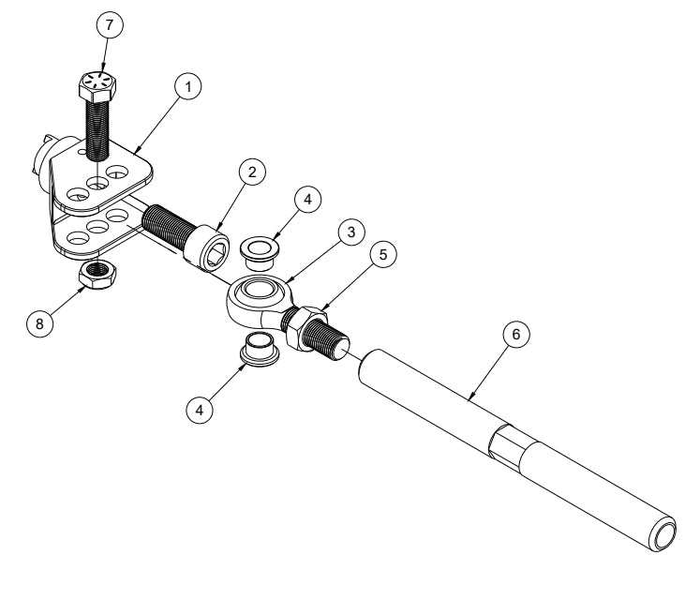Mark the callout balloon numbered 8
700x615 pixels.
coord(39,323)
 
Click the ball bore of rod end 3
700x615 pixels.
coord(256,292)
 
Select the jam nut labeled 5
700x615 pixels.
coord(306,329)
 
